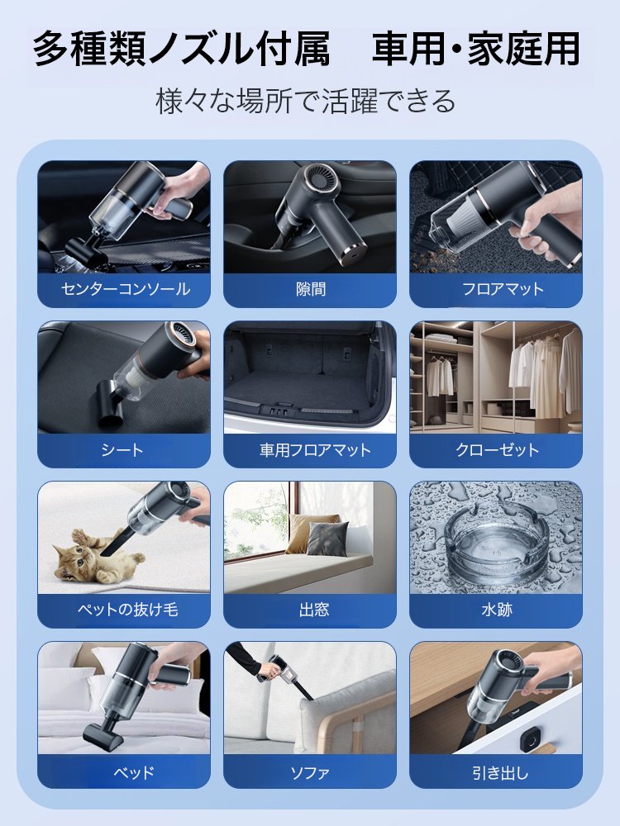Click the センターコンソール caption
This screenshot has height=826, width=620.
point(125,290)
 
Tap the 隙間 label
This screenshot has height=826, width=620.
point(310,290)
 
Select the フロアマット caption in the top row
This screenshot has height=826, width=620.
point(496,290)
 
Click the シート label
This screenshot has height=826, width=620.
point(125,450)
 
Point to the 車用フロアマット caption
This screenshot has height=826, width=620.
point(310,450)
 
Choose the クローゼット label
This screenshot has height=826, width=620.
point(496,450)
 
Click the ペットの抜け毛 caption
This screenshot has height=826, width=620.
point(125,610)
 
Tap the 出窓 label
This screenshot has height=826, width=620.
point(310,610)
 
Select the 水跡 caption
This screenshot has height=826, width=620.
point(496,610)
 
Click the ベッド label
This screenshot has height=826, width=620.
point(125,772)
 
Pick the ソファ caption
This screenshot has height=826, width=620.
point(310,772)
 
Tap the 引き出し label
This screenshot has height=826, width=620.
point(496,772)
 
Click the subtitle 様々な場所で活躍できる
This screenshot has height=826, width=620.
point(306,101)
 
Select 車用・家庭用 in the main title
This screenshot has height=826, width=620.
point(475,50)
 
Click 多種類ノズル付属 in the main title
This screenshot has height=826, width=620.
point(182,50)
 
